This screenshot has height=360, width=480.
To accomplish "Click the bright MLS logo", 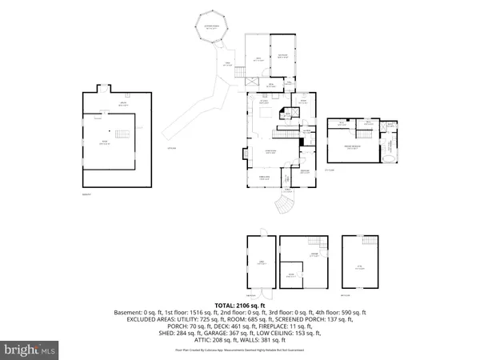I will pyautogui.click(x=30, y=349).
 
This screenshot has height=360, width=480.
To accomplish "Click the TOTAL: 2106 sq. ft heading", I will pyautogui.click(x=240, y=306).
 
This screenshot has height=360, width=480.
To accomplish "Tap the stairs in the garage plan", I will pyautogui.click(x=319, y=242).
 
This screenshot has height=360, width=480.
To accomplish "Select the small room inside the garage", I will pyautogui.click(x=292, y=275).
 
